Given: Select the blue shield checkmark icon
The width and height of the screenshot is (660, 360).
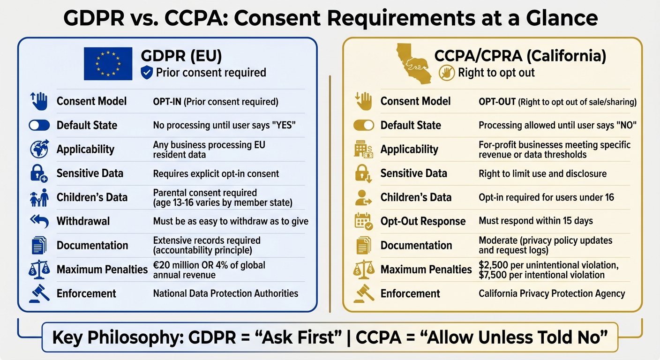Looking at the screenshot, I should click(x=147, y=73).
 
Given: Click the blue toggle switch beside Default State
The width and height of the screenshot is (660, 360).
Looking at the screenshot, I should click(x=39, y=125).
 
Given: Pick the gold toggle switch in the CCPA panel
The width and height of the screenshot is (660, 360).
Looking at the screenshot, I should click(x=364, y=125).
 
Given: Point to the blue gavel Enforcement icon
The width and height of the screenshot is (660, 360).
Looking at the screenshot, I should click(x=39, y=293).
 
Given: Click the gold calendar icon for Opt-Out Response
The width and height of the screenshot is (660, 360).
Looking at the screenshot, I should click(x=364, y=221).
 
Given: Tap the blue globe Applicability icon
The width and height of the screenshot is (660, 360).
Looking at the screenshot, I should click(x=39, y=149).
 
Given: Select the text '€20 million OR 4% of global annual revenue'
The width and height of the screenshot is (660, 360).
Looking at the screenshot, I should click(x=209, y=270).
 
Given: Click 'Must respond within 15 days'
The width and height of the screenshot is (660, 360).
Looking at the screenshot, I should click(x=536, y=221).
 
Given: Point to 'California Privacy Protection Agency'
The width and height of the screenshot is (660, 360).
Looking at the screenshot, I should click(x=552, y=293).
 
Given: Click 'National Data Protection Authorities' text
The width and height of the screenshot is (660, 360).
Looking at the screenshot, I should click(x=225, y=293).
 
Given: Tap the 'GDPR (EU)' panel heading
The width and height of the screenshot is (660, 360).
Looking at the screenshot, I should click(x=181, y=57).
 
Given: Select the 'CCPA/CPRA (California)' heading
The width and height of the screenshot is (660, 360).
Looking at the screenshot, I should click(x=520, y=56).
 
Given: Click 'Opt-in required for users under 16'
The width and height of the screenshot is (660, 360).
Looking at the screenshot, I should click(x=546, y=197).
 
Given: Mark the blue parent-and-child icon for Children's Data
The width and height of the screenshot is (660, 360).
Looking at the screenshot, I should click(x=39, y=197).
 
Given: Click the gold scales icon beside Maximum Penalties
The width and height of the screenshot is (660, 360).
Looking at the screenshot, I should click(x=364, y=270).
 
